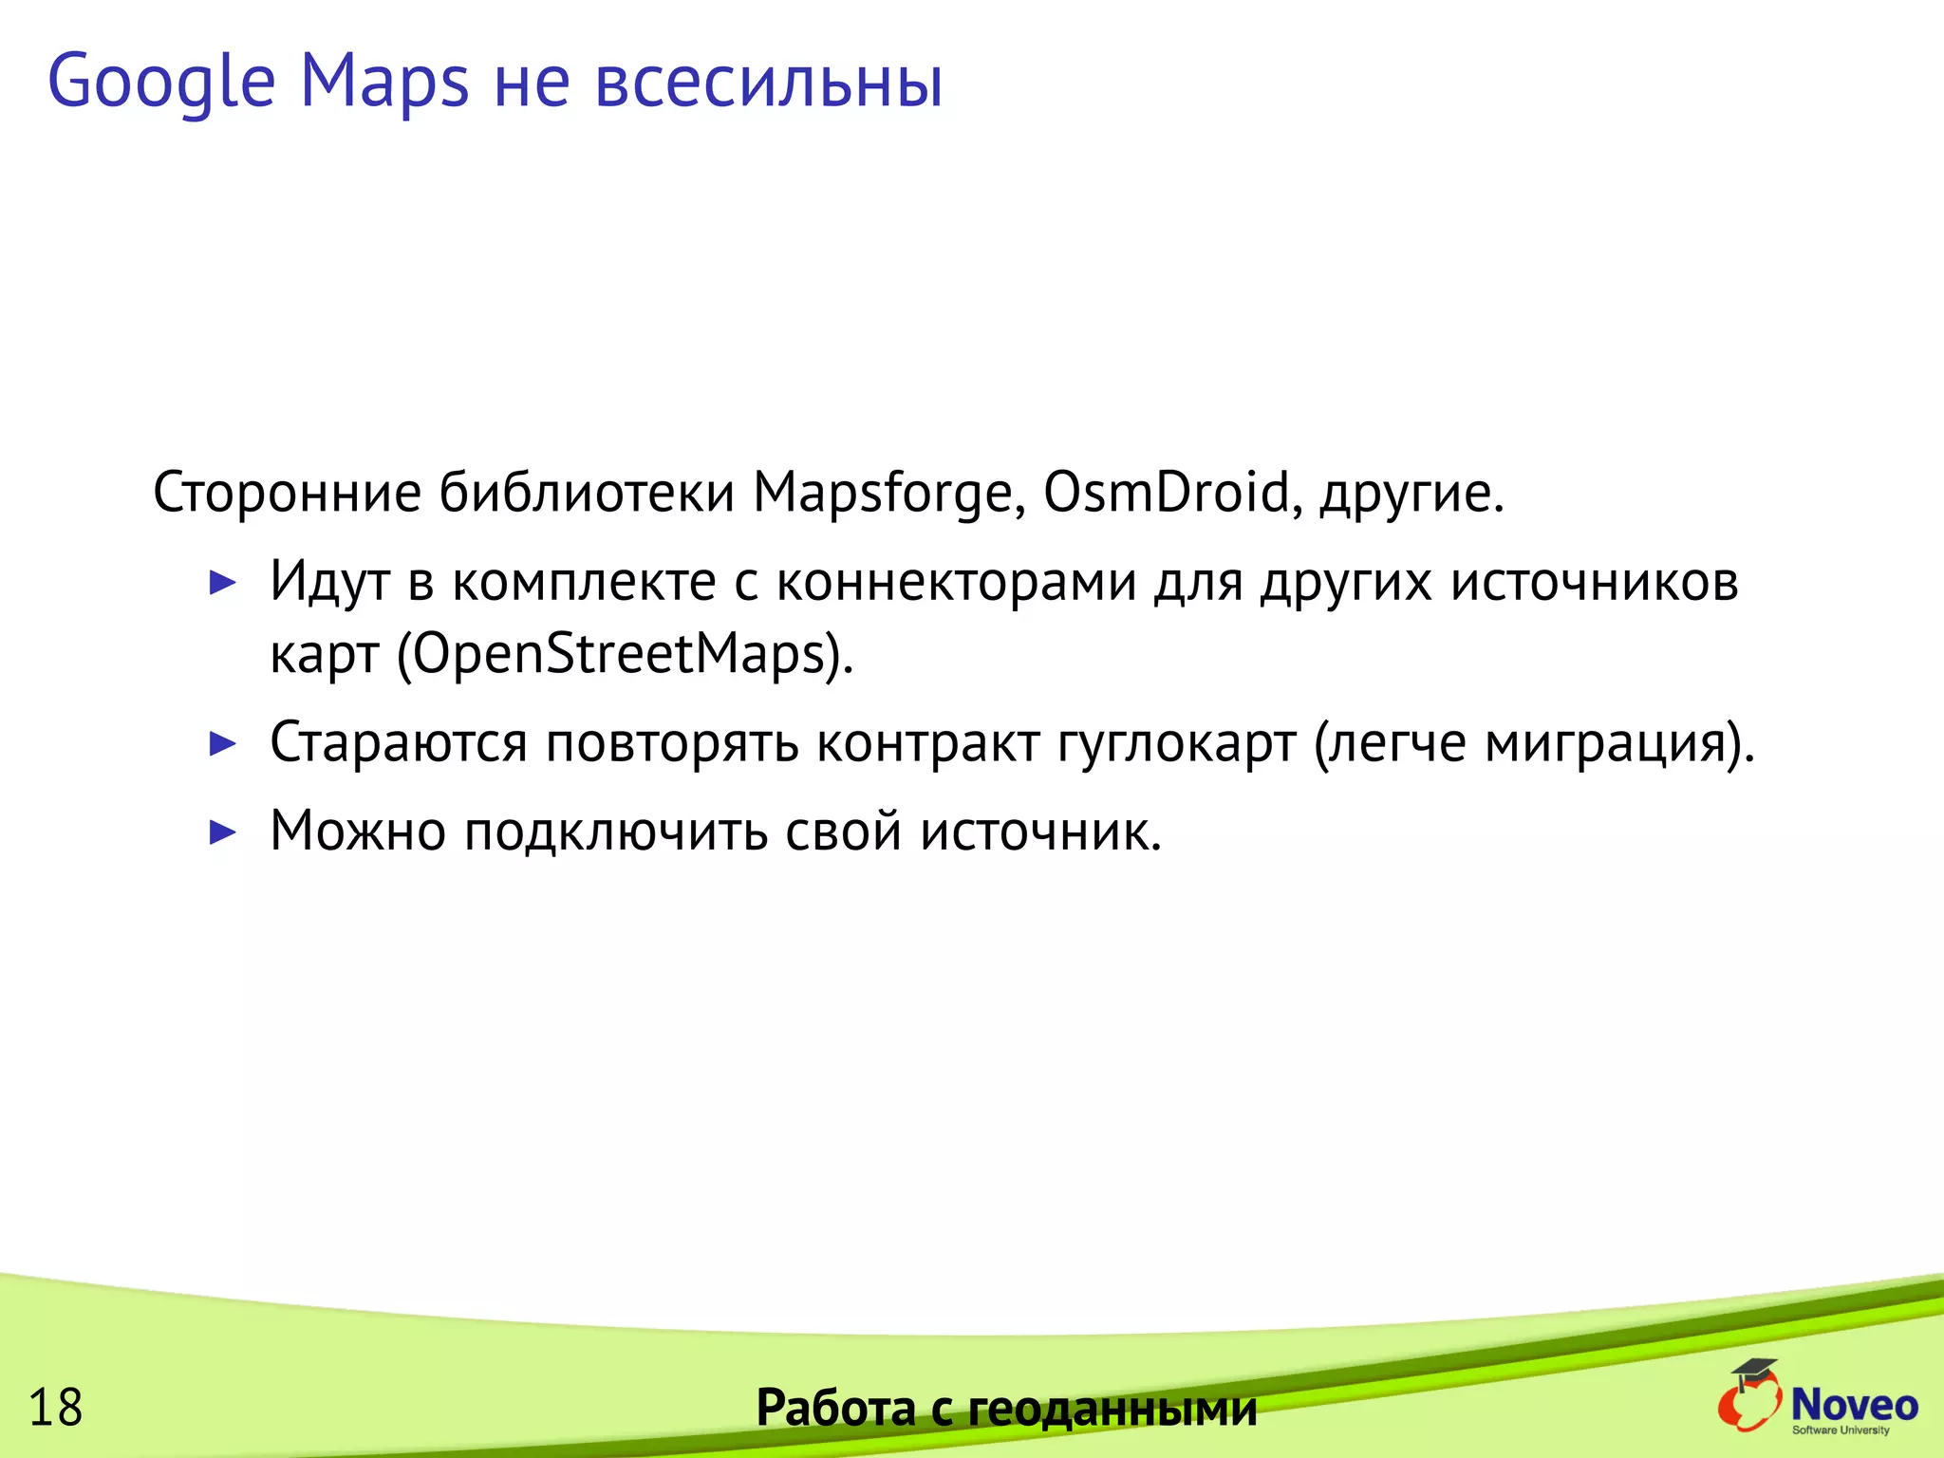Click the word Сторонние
coord(287,494)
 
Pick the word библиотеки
coord(587,494)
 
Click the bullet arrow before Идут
coord(222,583)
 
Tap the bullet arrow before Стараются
coord(222,743)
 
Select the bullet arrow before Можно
coord(222,832)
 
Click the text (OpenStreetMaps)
coord(625,655)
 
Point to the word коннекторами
coord(956,583)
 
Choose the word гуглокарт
coord(1176,743)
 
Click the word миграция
coord(1605,743)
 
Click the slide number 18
coord(56,1408)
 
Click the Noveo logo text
coord(1854,1404)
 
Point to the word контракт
coord(927,743)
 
